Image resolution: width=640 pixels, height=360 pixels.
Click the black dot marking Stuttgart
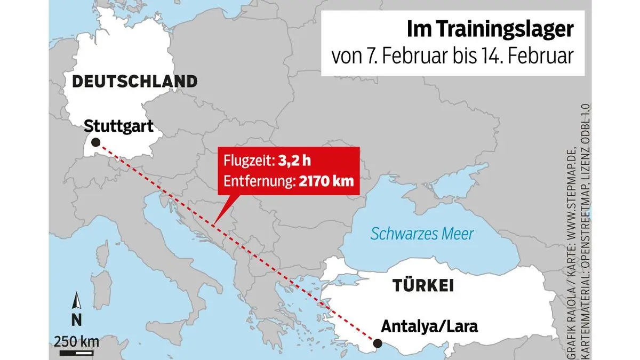pos(95,142)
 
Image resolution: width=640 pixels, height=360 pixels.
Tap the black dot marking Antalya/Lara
pos(377,343)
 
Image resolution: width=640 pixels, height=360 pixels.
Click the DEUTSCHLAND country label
pos(134,82)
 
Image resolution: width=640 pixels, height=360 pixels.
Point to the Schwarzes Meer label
pos(422,234)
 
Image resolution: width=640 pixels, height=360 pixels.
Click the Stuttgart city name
pos(119,126)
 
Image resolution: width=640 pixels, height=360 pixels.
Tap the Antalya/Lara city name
pos(430,326)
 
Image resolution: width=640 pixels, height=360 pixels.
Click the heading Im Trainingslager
pos(490,30)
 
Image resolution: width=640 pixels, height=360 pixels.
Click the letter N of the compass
pos(76,320)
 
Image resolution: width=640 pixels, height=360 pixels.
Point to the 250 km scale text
pos(76,340)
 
